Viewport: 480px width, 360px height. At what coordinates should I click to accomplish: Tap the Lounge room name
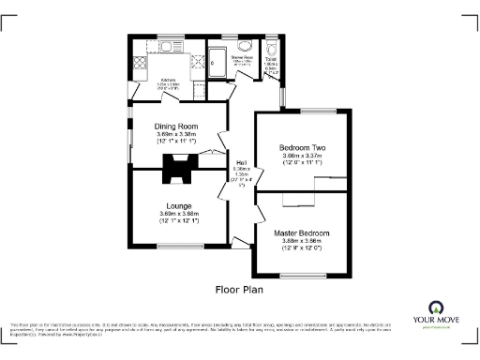tap(179, 205)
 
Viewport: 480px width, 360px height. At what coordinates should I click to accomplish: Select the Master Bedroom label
tap(302, 232)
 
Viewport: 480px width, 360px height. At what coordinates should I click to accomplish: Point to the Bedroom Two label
tap(302, 147)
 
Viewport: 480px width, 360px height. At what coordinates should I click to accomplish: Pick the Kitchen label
tap(169, 80)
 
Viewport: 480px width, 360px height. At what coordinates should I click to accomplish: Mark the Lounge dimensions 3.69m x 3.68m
tap(179, 218)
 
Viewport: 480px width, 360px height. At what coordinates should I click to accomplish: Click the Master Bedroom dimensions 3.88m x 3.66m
tap(302, 245)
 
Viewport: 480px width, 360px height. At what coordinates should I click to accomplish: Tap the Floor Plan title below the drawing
tap(240, 290)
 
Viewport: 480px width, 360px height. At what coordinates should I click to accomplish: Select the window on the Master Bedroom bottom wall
tap(302, 275)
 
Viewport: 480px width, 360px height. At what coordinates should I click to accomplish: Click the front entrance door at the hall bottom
tap(241, 251)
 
